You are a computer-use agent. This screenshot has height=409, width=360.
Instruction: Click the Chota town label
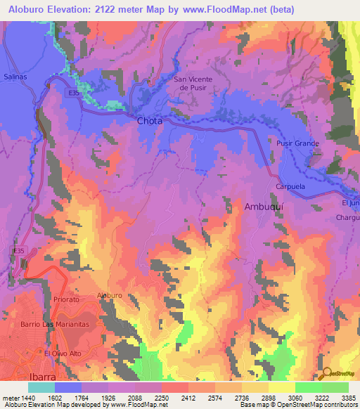click(149, 121)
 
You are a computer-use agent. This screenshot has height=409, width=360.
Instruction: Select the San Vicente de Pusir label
click(193, 84)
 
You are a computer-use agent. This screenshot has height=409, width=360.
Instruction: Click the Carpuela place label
click(288, 188)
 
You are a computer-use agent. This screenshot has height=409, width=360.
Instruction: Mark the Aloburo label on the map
click(110, 296)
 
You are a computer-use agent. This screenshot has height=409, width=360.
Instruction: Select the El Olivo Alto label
click(64, 353)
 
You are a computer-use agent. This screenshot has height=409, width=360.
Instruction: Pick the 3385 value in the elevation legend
click(349, 397)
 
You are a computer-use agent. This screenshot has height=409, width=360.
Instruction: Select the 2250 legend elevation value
click(162, 397)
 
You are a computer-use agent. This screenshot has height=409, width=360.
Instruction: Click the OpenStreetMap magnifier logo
click(326, 375)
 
